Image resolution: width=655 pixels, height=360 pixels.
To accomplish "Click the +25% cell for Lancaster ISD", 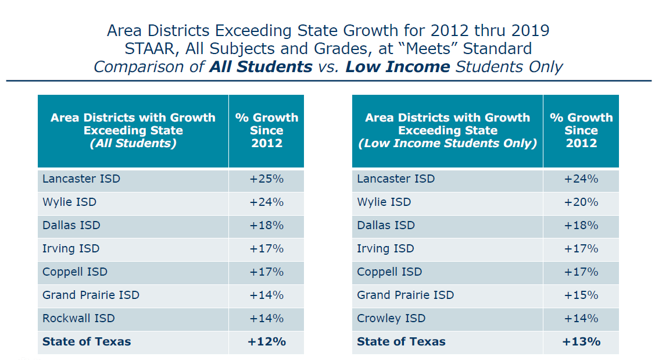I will click(266, 179).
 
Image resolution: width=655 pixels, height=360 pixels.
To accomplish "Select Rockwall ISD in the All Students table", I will click(78, 319).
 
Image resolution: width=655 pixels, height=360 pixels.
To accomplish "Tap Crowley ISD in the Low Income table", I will click(391, 319).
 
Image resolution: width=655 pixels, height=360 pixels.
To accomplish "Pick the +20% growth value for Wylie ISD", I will click(581, 202).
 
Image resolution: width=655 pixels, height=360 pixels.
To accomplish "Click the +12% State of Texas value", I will click(266, 342).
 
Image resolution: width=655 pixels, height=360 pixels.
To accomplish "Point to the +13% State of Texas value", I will click(581, 342).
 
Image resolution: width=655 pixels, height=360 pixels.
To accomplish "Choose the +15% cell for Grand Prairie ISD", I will click(581, 295).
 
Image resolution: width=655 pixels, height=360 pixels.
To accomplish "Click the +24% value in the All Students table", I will click(266, 202).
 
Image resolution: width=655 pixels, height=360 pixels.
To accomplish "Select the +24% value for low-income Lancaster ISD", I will click(581, 179).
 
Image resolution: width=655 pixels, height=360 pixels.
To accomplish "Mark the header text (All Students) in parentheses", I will click(133, 143).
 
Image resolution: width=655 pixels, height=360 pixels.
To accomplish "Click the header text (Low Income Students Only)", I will click(448, 143).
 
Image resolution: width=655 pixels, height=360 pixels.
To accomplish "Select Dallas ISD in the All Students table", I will click(71, 226).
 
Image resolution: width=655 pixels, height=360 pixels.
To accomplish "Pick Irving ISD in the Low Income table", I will click(385, 249).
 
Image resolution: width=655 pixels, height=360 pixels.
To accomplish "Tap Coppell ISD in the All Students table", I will click(75, 272).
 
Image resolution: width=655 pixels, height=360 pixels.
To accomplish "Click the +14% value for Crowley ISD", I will click(581, 319).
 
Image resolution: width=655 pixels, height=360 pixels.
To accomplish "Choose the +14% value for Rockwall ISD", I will click(266, 319).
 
